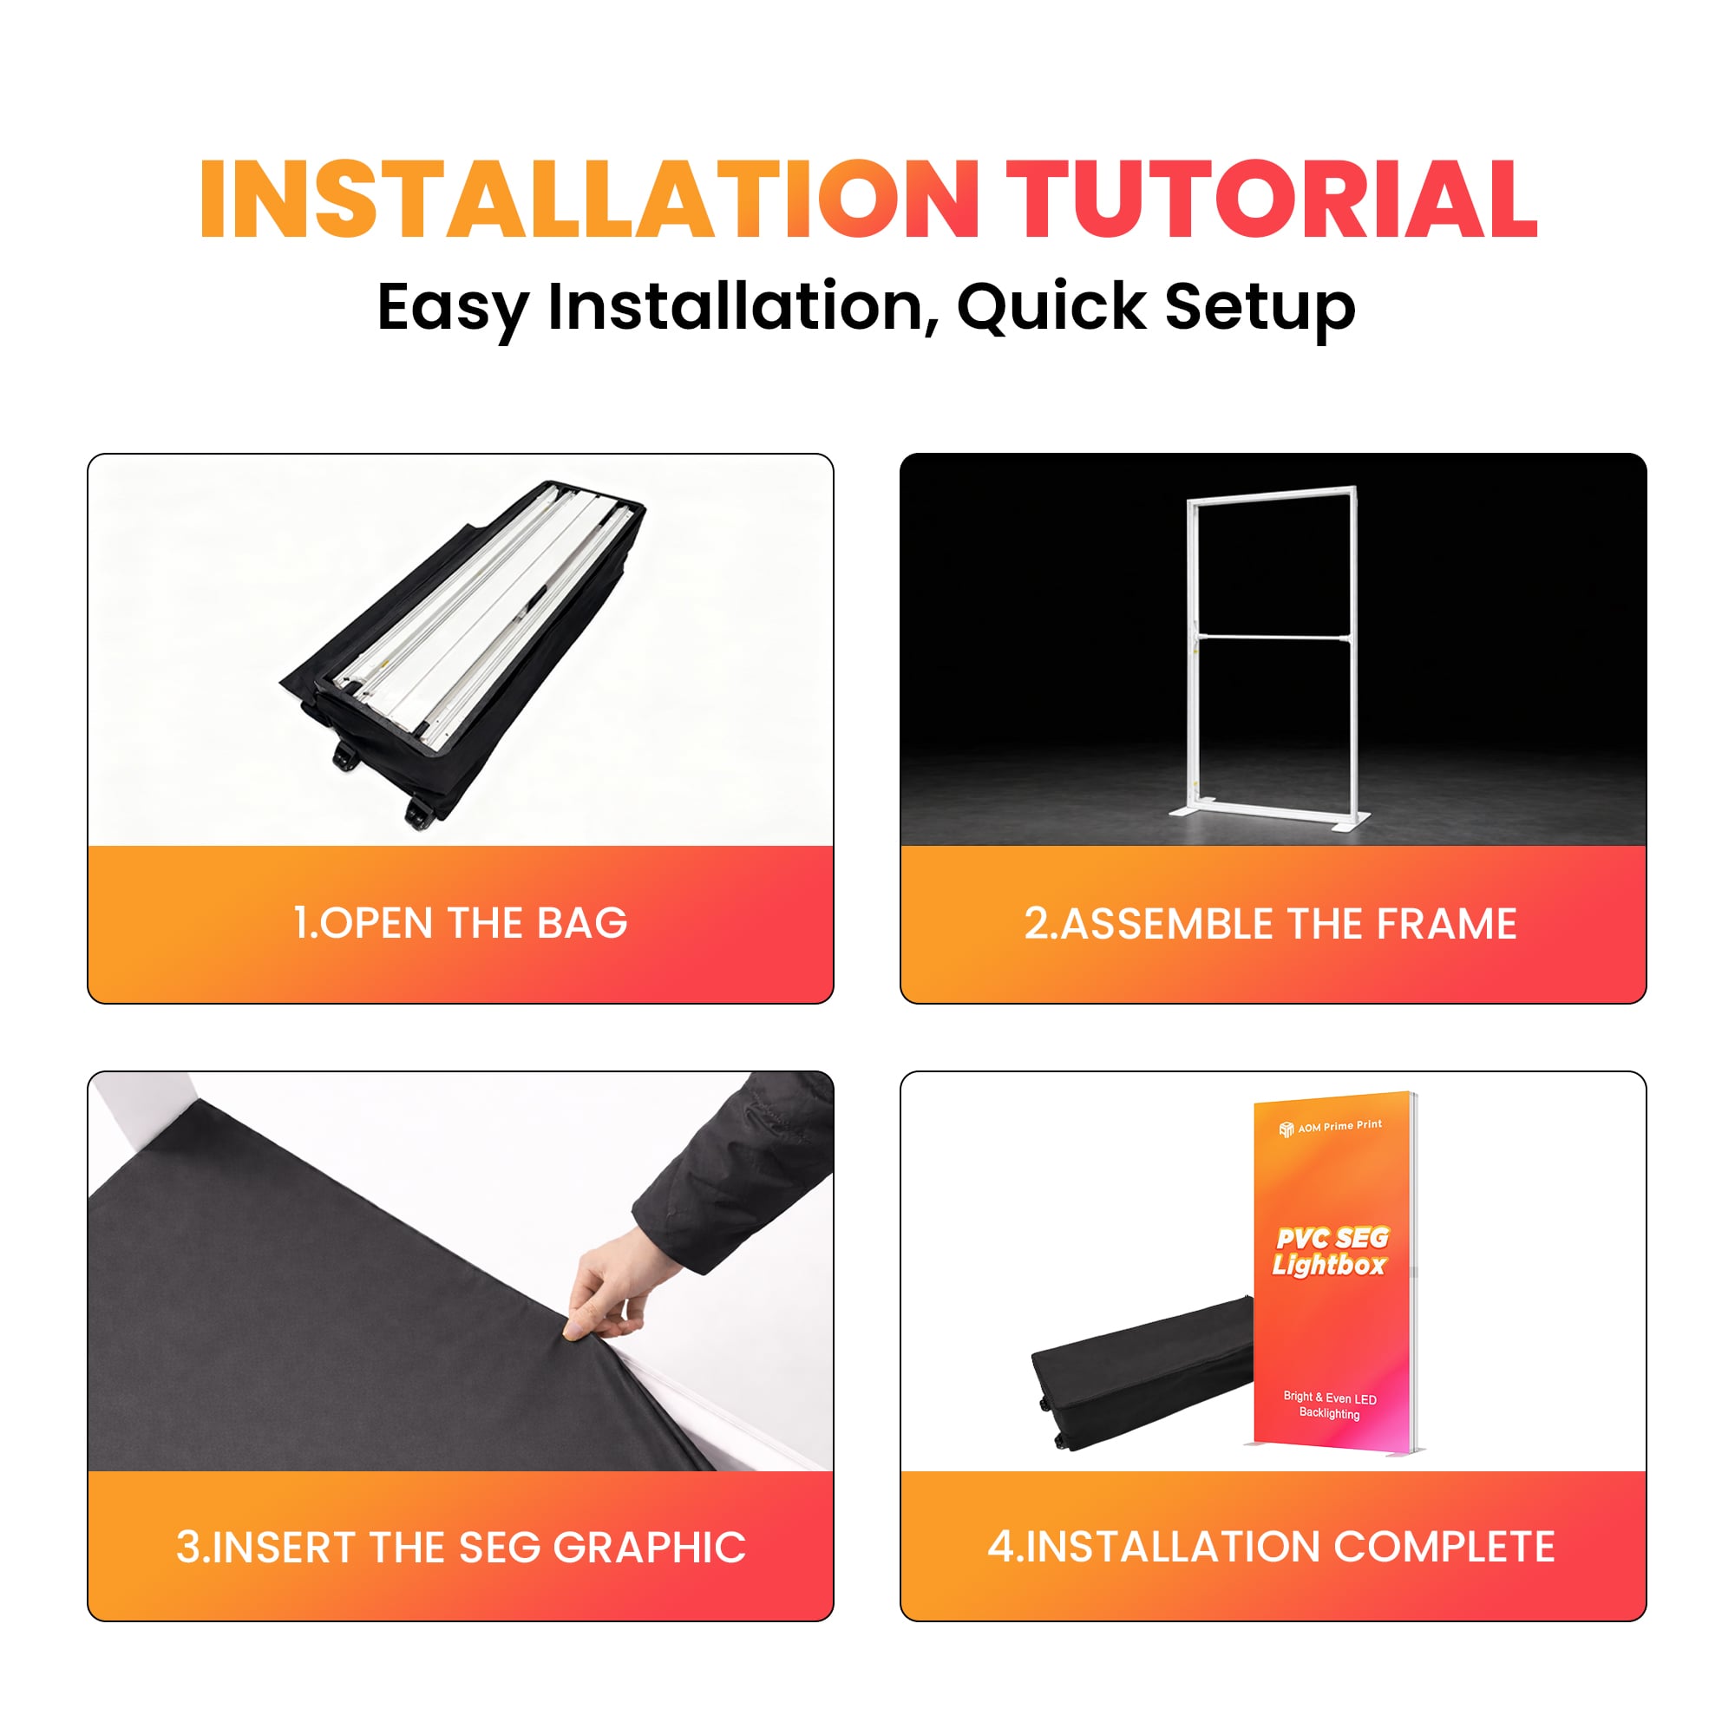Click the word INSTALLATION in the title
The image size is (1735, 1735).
pyautogui.click(x=588, y=200)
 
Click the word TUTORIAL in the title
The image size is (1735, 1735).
pyautogui.click(x=1272, y=200)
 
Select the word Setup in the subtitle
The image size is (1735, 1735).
pyautogui.click(x=1259, y=307)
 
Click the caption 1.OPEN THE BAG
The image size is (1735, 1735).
pyautogui.click(x=460, y=923)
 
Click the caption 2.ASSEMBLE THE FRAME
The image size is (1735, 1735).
pyautogui.click(x=1271, y=923)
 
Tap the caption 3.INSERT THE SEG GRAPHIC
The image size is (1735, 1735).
pyautogui.click(x=460, y=1547)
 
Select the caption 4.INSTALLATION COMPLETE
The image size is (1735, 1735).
pyautogui.click(x=1271, y=1547)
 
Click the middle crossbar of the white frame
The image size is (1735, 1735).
pyautogui.click(x=1273, y=638)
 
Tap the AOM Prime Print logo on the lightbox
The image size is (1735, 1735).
pyautogui.click(x=1330, y=1127)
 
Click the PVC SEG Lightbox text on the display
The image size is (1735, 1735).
pyautogui.click(x=1331, y=1251)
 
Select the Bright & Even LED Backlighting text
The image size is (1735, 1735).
pyautogui.click(x=1330, y=1405)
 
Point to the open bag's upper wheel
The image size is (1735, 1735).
pyautogui.click(x=346, y=757)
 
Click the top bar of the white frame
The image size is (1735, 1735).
pyautogui.click(x=1273, y=494)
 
